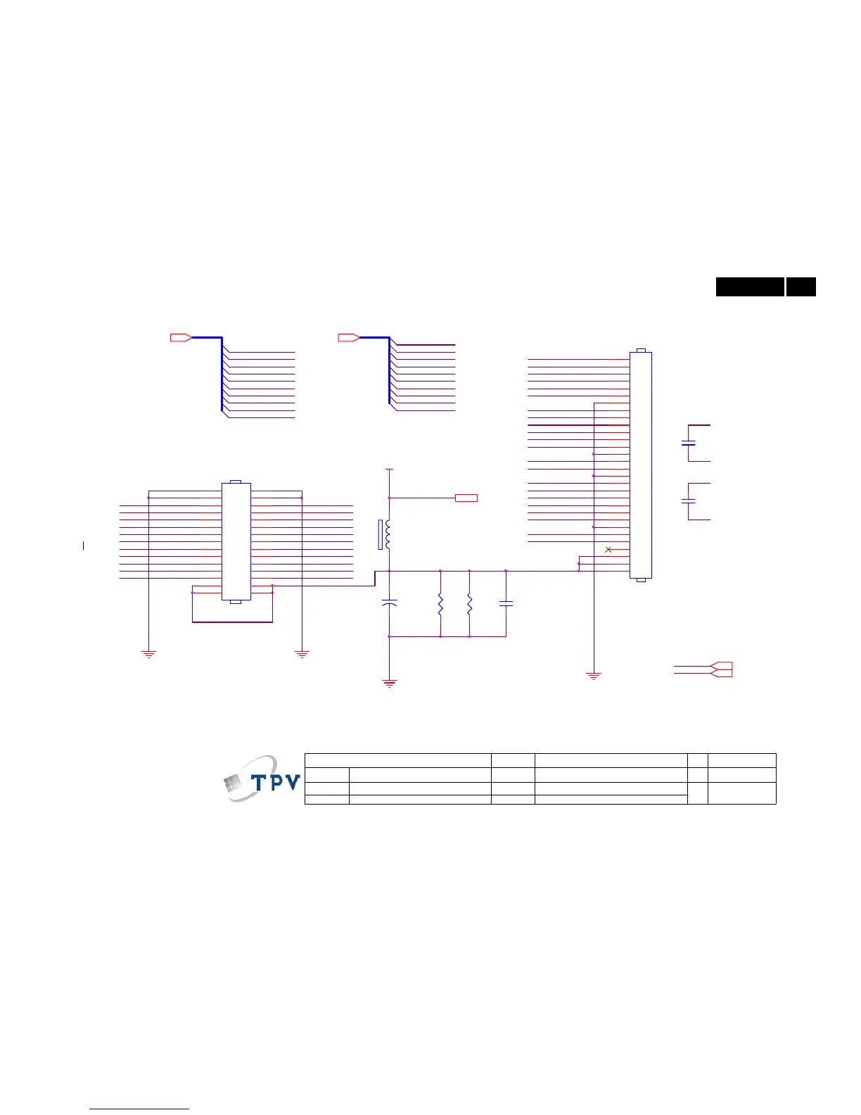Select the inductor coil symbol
pos(387,534)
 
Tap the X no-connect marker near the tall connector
pos(608,549)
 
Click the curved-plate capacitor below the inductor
pos(389,603)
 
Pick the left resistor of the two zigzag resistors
pos(440,605)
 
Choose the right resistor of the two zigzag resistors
pos(469,605)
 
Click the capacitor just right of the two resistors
pos(506,603)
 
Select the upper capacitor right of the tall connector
pos(689,443)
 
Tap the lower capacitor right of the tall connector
pos(689,501)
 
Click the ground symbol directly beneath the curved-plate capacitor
pos(389,683)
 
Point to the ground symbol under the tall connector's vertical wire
pos(594,676)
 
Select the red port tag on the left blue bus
pos(181,338)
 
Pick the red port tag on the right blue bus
pos(348,338)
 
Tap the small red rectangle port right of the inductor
pos(466,498)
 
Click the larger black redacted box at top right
pos(750,287)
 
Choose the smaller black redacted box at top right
pos(801,287)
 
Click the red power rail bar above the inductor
pos(389,469)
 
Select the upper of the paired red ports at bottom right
pos(722,666)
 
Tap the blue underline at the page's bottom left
pos(140,1109)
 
